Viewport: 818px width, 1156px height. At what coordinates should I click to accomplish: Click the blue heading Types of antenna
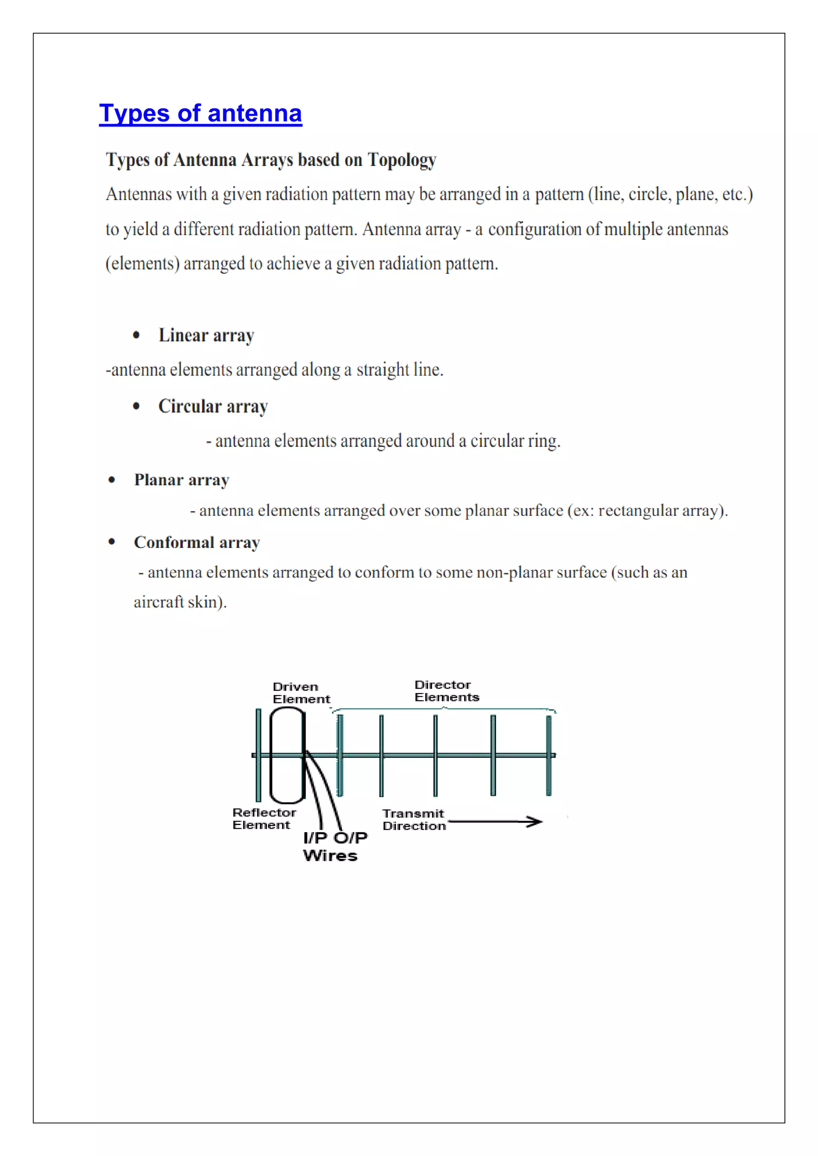[201, 113]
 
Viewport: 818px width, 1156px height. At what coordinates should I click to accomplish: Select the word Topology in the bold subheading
[401, 160]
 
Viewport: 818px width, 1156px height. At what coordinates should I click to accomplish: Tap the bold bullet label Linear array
[206, 335]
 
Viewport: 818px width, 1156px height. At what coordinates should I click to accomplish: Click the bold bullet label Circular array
[212, 406]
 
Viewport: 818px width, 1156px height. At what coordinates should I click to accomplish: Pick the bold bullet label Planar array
[181, 480]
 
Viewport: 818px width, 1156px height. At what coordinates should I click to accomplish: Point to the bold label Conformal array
[197, 542]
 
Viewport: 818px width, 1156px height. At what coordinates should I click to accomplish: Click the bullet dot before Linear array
[136, 335]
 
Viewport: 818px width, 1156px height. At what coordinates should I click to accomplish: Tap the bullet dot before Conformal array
[112, 542]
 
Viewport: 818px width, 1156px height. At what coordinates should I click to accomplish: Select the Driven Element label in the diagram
[300, 693]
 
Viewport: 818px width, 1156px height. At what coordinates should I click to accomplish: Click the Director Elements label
[446, 691]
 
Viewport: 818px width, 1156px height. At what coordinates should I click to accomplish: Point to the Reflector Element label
[264, 818]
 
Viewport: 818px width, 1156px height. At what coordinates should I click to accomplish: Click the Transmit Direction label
[413, 819]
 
